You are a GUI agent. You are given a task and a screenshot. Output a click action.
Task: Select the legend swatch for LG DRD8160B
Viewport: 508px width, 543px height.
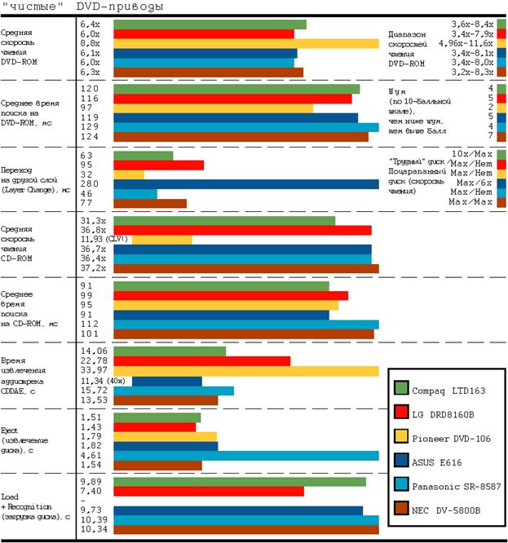[x=400, y=413]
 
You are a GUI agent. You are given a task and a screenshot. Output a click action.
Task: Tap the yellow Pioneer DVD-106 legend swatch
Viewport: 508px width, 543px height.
[x=400, y=437]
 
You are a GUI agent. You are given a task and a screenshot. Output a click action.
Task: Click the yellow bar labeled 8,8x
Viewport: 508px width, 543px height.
[x=245, y=44]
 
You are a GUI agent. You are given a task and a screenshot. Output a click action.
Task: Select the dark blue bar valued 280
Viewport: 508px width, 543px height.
[x=245, y=184]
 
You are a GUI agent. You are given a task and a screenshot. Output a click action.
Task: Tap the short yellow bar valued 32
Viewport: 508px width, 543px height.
[x=129, y=174]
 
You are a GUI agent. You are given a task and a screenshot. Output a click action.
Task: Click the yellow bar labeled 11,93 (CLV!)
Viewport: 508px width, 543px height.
[x=161, y=240]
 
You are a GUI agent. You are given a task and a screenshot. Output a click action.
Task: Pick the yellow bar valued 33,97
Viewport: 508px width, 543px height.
[x=245, y=371]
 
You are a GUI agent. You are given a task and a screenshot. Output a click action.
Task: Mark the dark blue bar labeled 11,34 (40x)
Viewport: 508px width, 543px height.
[x=166, y=381]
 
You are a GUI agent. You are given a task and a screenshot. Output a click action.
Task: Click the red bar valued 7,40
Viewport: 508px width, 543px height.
[x=208, y=492]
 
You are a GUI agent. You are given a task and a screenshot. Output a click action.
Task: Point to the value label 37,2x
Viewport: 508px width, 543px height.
[x=93, y=267]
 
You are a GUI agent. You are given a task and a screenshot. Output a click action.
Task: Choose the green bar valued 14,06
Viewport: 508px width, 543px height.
[x=170, y=351]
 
